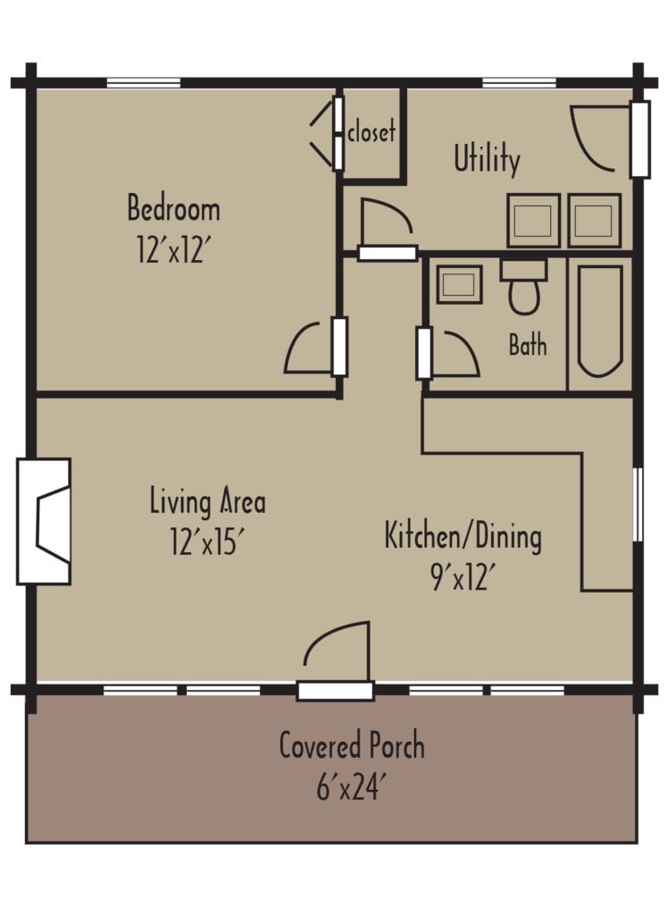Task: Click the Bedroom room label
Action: coord(173,210)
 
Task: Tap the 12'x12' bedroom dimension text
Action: coord(173,249)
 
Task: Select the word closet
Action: coord(371,132)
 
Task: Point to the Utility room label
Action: coord(487,160)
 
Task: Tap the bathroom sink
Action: coord(459,285)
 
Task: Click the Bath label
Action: coord(528,345)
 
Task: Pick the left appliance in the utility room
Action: coord(534,221)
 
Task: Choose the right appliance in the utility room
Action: coord(595,221)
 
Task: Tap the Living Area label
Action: coord(207,501)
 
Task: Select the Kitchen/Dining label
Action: coord(463,537)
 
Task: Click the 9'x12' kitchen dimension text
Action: coord(462,577)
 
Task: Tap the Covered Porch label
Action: coord(352,745)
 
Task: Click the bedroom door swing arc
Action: coord(309,348)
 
